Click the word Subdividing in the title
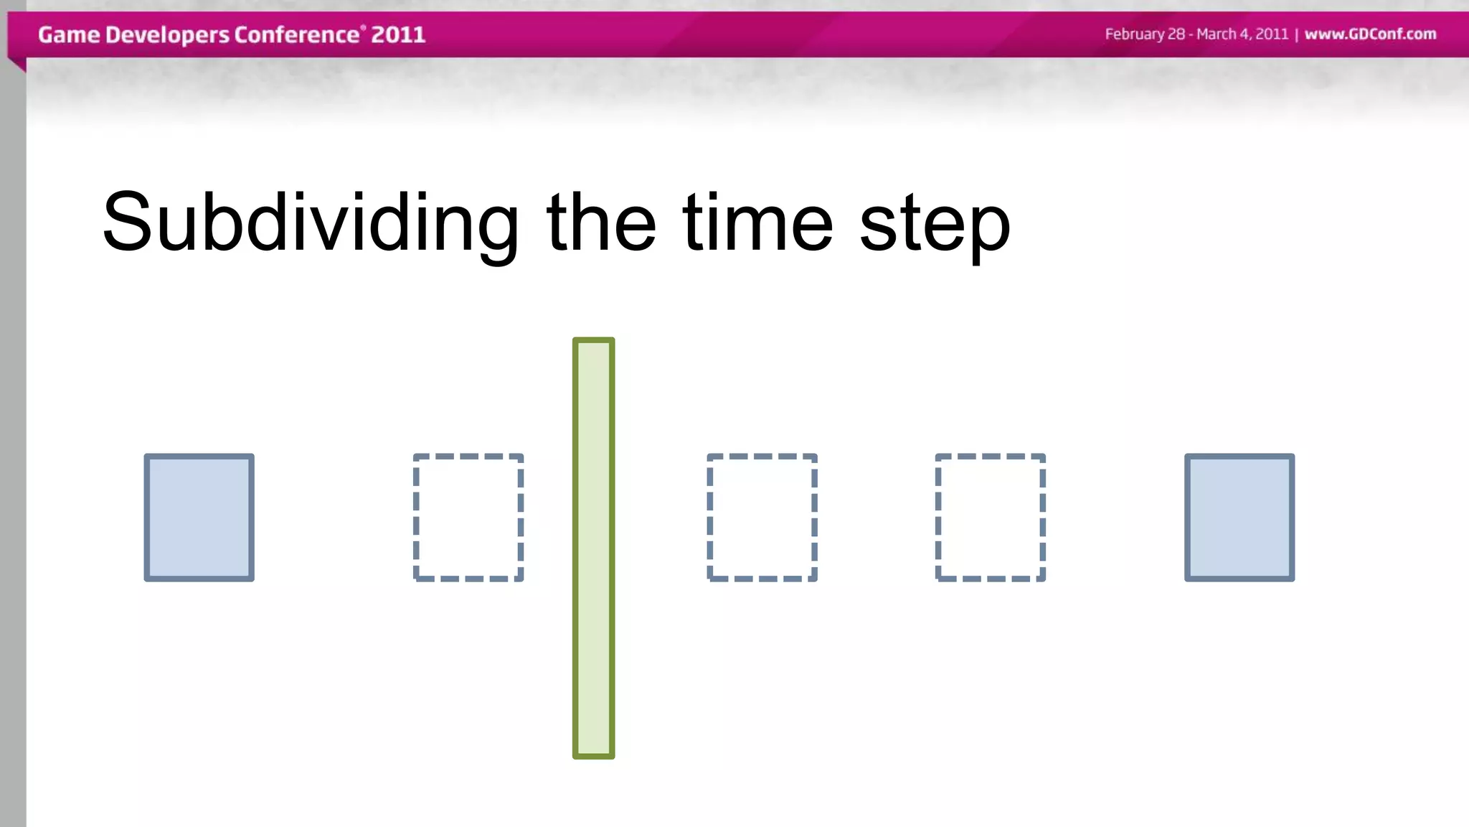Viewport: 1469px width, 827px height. [310, 223]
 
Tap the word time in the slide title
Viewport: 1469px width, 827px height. [757, 223]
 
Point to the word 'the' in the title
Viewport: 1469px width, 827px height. [601, 223]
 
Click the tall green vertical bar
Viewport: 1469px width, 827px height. [593, 548]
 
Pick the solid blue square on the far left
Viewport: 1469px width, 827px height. [199, 518]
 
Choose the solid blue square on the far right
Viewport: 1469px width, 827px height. [1239, 518]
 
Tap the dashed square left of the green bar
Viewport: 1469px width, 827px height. [468, 518]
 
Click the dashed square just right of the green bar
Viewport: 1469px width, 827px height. [762, 518]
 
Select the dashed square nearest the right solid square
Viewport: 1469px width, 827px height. [990, 518]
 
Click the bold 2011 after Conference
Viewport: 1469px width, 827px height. [398, 34]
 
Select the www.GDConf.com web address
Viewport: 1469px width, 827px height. [1370, 34]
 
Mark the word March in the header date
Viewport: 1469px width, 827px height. [1217, 34]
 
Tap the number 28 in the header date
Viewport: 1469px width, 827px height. [1176, 34]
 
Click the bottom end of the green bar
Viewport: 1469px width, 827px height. [593, 753]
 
